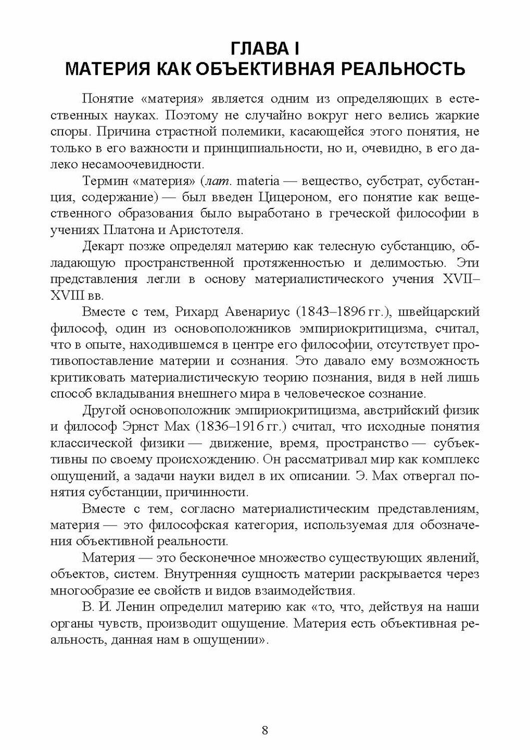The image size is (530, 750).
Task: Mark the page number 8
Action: pyautogui.click(x=265, y=729)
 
